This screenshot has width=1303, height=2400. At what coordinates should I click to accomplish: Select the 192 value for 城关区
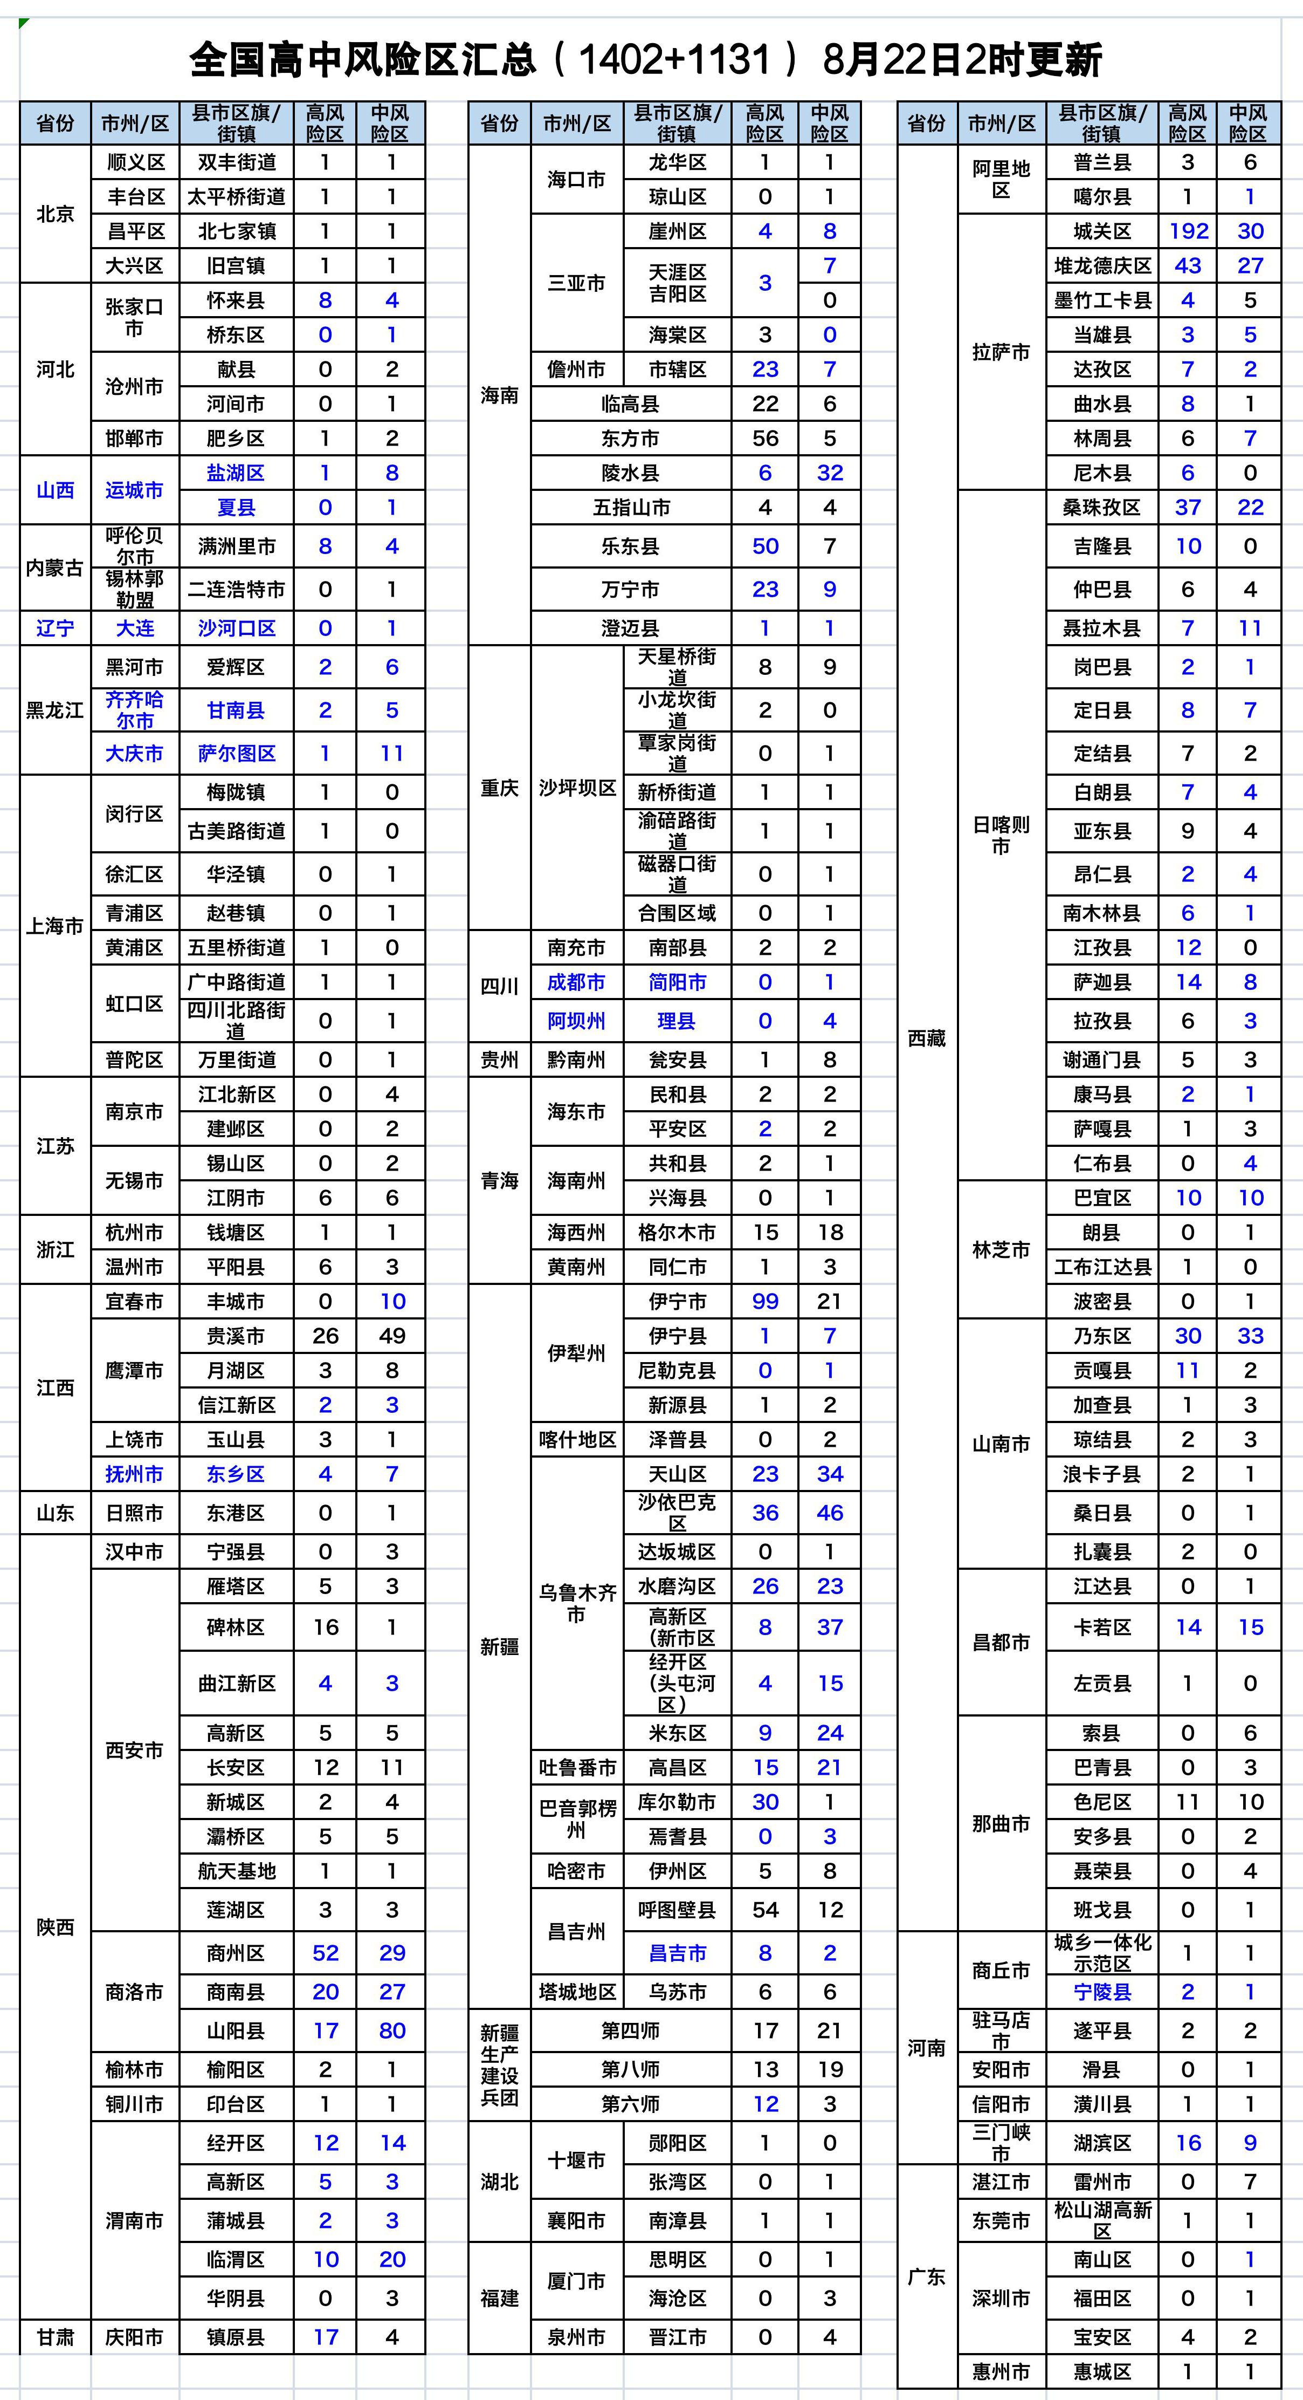(1188, 231)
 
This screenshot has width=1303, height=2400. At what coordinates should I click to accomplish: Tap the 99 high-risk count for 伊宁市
(764, 1302)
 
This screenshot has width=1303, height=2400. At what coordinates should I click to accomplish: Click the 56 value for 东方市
(764, 438)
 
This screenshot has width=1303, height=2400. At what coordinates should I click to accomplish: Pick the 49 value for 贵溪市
(391, 1336)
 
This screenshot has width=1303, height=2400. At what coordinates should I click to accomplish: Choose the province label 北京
(55, 214)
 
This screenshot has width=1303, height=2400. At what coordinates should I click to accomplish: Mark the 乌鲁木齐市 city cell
(576, 1603)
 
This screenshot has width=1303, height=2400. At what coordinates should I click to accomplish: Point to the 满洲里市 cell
(236, 546)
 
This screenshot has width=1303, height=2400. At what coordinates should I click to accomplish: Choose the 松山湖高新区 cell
(1102, 2220)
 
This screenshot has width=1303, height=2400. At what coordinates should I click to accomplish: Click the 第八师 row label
(630, 2069)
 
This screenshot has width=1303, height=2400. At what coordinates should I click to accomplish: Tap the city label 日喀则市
(1001, 835)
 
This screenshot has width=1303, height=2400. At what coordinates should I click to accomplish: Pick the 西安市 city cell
(134, 1749)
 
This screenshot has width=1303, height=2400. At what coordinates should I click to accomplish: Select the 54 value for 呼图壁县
(764, 1910)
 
